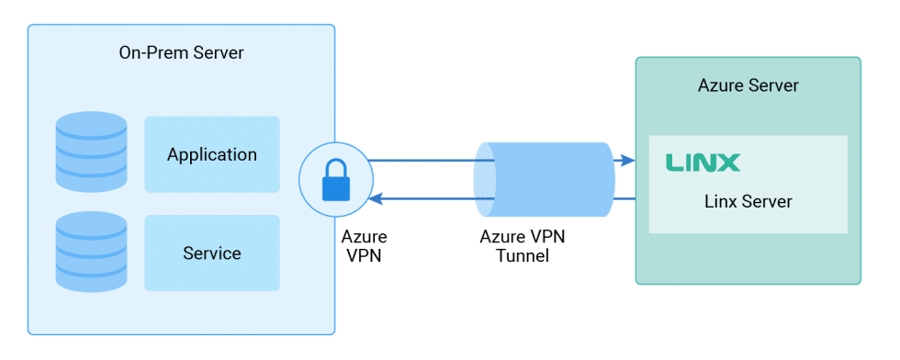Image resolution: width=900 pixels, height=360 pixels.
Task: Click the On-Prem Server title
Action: click(181, 52)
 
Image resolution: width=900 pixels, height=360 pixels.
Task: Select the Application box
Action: click(211, 154)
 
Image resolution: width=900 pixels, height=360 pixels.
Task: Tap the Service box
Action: click(211, 253)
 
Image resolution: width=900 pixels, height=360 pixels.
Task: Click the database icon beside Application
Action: click(91, 152)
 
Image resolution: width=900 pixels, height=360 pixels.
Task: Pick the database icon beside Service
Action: click(91, 251)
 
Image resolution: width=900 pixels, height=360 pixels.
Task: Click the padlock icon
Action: click(336, 179)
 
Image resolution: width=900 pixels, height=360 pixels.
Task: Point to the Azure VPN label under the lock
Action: click(364, 246)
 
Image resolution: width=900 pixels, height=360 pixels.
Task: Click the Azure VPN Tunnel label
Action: click(523, 246)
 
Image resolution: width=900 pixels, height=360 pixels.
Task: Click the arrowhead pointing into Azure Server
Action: click(627, 161)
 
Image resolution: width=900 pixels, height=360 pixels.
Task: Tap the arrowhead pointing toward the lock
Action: click(375, 198)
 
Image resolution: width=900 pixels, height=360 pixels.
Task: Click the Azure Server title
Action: click(748, 85)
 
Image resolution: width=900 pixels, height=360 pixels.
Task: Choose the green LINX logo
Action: click(703, 163)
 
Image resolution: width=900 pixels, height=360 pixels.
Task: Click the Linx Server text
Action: click(748, 201)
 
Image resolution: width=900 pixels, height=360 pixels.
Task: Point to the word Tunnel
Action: click(522, 256)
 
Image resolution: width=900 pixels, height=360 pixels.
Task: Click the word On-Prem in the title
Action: click(150, 52)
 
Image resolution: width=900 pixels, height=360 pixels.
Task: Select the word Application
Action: click(211, 154)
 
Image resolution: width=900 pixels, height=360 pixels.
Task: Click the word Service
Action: click(211, 253)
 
